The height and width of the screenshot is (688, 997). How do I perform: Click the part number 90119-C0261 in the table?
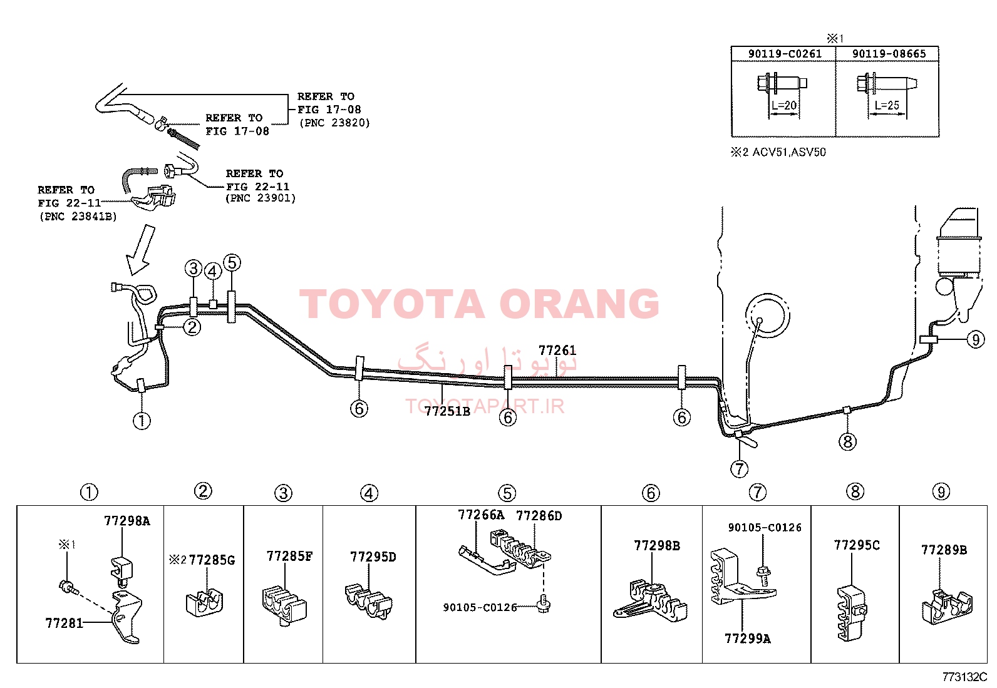click(785, 54)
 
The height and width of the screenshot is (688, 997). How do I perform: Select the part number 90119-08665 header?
click(889, 54)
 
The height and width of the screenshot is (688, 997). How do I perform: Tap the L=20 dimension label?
click(784, 105)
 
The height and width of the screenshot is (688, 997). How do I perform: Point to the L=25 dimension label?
click(887, 105)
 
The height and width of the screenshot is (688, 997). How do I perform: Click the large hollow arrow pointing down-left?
click(142, 250)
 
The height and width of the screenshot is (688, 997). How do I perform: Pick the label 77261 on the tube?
click(557, 351)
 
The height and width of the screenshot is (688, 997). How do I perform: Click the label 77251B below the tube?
click(447, 411)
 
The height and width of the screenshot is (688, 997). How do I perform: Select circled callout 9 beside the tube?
click(976, 340)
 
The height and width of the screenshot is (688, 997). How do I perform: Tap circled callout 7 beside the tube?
click(739, 469)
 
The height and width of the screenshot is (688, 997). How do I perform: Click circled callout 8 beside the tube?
click(847, 441)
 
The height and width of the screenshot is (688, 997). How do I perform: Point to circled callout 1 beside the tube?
click(142, 421)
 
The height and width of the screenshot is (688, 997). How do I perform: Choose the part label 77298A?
click(127, 521)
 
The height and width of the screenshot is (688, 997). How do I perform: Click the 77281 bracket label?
click(64, 623)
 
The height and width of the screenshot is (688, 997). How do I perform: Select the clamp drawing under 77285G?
click(204, 603)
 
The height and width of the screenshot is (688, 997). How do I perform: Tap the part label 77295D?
click(373, 557)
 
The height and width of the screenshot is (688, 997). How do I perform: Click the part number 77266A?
click(481, 515)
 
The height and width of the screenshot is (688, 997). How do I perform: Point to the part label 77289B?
click(944, 550)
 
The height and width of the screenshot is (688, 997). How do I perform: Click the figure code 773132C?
click(964, 677)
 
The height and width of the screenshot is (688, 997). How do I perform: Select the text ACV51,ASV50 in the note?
click(789, 152)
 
